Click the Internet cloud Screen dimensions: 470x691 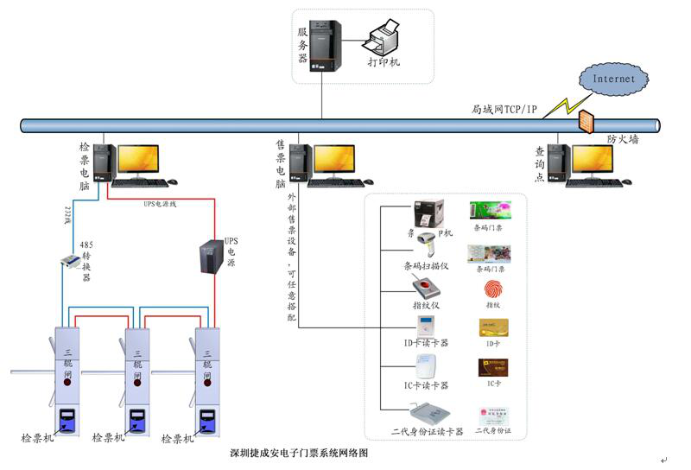point(613,79)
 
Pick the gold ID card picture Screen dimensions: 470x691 point(492,329)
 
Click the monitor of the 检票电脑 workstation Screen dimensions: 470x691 point(138,160)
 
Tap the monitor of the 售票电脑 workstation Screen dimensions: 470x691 point(333,160)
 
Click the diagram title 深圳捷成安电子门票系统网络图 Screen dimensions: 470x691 point(299,452)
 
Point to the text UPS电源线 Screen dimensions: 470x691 point(161,204)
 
